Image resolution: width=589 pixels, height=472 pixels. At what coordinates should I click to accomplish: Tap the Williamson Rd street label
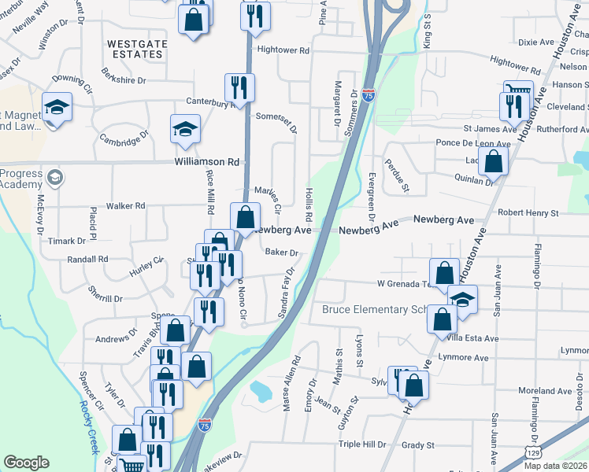pos(206,162)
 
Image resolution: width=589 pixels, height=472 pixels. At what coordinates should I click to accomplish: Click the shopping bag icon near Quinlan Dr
pos(493,161)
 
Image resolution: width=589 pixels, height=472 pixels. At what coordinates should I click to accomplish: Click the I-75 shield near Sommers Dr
pos(369,94)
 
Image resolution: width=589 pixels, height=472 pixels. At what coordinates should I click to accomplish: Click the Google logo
pos(27,462)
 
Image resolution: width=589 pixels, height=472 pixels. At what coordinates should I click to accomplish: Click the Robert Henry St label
pos(527,212)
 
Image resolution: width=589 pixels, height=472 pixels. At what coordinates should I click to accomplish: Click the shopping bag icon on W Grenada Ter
pos(445,273)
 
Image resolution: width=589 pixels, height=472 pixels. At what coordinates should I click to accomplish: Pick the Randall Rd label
pos(87,259)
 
